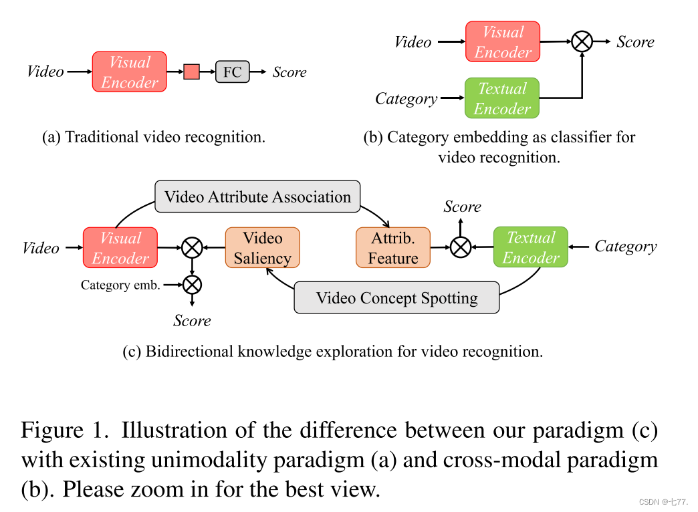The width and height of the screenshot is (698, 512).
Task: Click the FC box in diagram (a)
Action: coord(232,72)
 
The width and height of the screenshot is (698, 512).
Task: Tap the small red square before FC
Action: coord(192,72)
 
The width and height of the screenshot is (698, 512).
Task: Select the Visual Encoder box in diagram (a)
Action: coord(129,72)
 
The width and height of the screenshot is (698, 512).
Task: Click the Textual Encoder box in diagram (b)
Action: coord(502,98)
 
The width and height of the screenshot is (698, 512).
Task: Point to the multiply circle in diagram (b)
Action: coord(582,42)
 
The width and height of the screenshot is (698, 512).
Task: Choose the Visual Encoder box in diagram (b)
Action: coord(502,42)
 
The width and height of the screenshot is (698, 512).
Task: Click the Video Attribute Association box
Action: coord(257,197)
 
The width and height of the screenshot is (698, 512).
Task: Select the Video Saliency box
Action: coord(262,248)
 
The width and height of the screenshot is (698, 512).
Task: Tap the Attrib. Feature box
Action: coord(392,248)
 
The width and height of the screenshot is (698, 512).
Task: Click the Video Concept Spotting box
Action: coord(396,298)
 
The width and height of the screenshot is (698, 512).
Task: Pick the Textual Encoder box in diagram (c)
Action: coord(530,247)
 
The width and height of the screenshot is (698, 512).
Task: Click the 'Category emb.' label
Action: coord(120,285)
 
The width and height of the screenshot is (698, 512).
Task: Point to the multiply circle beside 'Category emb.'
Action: coord(192,285)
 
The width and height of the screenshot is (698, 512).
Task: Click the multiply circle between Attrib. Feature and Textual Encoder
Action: coord(460,247)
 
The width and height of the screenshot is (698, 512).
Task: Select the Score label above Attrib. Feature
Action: coord(462,207)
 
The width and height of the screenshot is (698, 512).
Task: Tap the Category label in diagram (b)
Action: coord(406,99)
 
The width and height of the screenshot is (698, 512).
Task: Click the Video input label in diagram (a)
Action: coord(45,72)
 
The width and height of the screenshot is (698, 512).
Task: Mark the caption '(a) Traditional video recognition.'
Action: coord(154,137)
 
